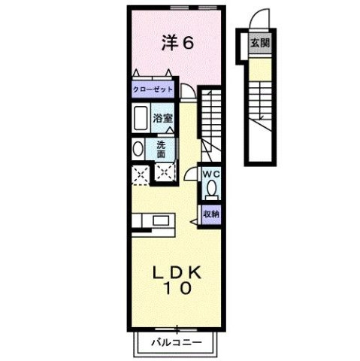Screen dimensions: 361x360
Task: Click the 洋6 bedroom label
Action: pos(178,42)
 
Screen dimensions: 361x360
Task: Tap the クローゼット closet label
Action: pos(153,89)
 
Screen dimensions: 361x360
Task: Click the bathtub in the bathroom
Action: pos(138,119)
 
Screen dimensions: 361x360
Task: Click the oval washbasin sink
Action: pos(137,149)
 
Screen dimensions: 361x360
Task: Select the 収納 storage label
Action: pos(211,213)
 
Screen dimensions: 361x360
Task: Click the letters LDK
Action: pos(178,272)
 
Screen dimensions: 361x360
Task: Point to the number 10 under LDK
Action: pos(178,289)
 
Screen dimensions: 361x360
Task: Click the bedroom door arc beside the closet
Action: pos(187,92)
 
